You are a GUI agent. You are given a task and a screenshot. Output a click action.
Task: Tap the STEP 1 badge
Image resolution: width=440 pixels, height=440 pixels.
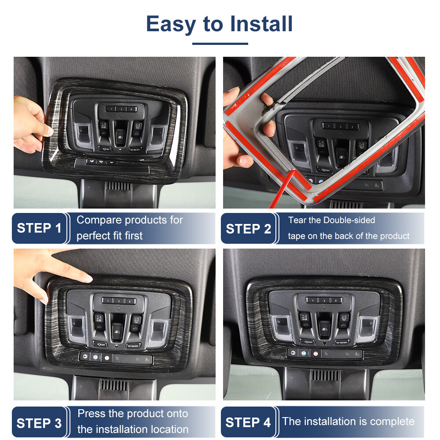[x=39, y=228]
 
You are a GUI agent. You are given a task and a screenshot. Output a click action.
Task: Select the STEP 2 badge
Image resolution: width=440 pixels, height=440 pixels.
[x=248, y=229]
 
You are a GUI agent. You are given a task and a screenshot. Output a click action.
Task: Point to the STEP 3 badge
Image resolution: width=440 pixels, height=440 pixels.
[x=39, y=423]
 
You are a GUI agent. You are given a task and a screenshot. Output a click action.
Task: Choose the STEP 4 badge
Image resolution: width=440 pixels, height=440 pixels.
[x=248, y=423]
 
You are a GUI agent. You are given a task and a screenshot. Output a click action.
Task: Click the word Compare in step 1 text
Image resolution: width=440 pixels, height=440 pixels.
[x=99, y=220]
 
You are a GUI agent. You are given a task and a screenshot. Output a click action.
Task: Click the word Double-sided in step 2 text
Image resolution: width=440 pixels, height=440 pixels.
[x=349, y=220]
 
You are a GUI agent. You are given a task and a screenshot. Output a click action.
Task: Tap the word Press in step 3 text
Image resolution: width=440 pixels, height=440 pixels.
[x=91, y=414]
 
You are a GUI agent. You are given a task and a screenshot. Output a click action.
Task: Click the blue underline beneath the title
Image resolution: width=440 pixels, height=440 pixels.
[x=220, y=44]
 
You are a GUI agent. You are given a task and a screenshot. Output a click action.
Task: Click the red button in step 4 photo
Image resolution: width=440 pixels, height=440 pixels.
[x=315, y=353]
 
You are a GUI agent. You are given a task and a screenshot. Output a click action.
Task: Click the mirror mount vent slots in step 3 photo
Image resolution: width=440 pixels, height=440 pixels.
[x=114, y=384]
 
